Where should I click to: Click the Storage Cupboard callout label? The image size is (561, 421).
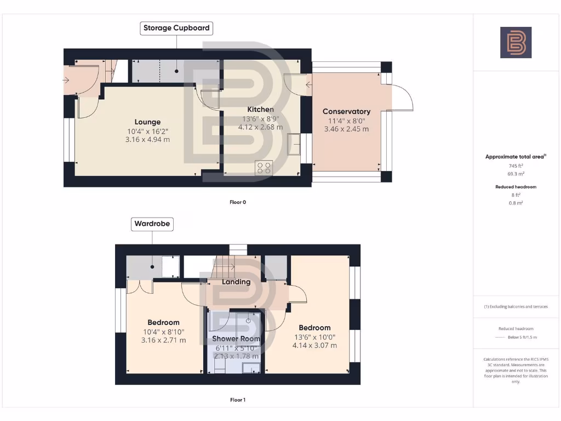click(x=176, y=28)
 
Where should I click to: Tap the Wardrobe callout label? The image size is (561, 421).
click(x=153, y=224)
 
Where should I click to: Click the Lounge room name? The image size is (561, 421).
click(x=148, y=122)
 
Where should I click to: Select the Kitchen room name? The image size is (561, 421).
click(x=260, y=110)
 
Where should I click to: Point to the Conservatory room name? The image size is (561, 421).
click(x=346, y=111)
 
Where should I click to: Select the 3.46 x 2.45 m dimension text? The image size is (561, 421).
click(x=346, y=129)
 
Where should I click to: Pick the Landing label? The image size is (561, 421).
click(x=236, y=282)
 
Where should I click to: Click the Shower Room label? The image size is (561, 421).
click(x=236, y=339)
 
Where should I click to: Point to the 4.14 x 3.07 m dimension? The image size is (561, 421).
click(x=314, y=345)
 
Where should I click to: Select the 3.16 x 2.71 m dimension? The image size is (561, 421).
click(x=163, y=340)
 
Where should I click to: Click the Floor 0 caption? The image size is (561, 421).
click(x=238, y=202)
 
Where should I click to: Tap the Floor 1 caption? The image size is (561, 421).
click(x=238, y=400)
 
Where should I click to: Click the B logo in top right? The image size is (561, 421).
click(x=516, y=43)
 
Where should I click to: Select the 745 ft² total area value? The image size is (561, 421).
click(x=516, y=166)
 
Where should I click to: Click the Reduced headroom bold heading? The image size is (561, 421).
click(x=516, y=187)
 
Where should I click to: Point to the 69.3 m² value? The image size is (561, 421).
click(x=516, y=174)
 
